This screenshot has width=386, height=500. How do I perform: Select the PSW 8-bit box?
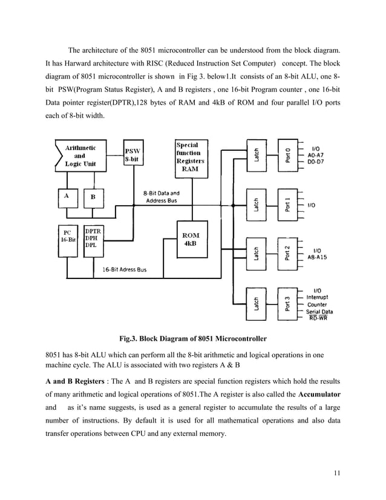[x=133, y=156]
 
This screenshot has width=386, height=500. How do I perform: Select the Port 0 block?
[x=288, y=154]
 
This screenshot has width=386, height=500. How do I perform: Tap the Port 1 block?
[x=288, y=205]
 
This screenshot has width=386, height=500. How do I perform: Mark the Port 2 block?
[x=288, y=254]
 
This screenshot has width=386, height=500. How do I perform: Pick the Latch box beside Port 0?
[x=257, y=154]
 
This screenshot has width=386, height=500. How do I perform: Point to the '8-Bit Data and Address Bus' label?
[x=162, y=197]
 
